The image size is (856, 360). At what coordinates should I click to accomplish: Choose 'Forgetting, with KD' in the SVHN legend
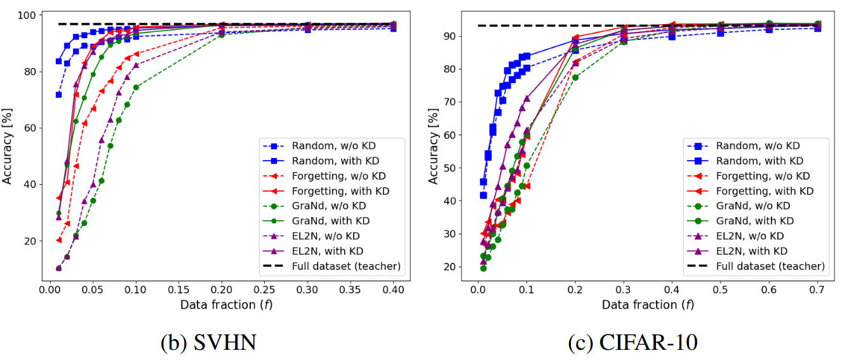[x=341, y=190]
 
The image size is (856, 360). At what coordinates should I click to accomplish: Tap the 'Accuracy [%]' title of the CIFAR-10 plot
[x=434, y=147]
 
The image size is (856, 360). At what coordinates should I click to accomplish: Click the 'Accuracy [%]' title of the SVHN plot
[x=8, y=147]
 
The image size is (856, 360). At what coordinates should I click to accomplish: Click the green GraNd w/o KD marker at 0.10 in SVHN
[x=136, y=87]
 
